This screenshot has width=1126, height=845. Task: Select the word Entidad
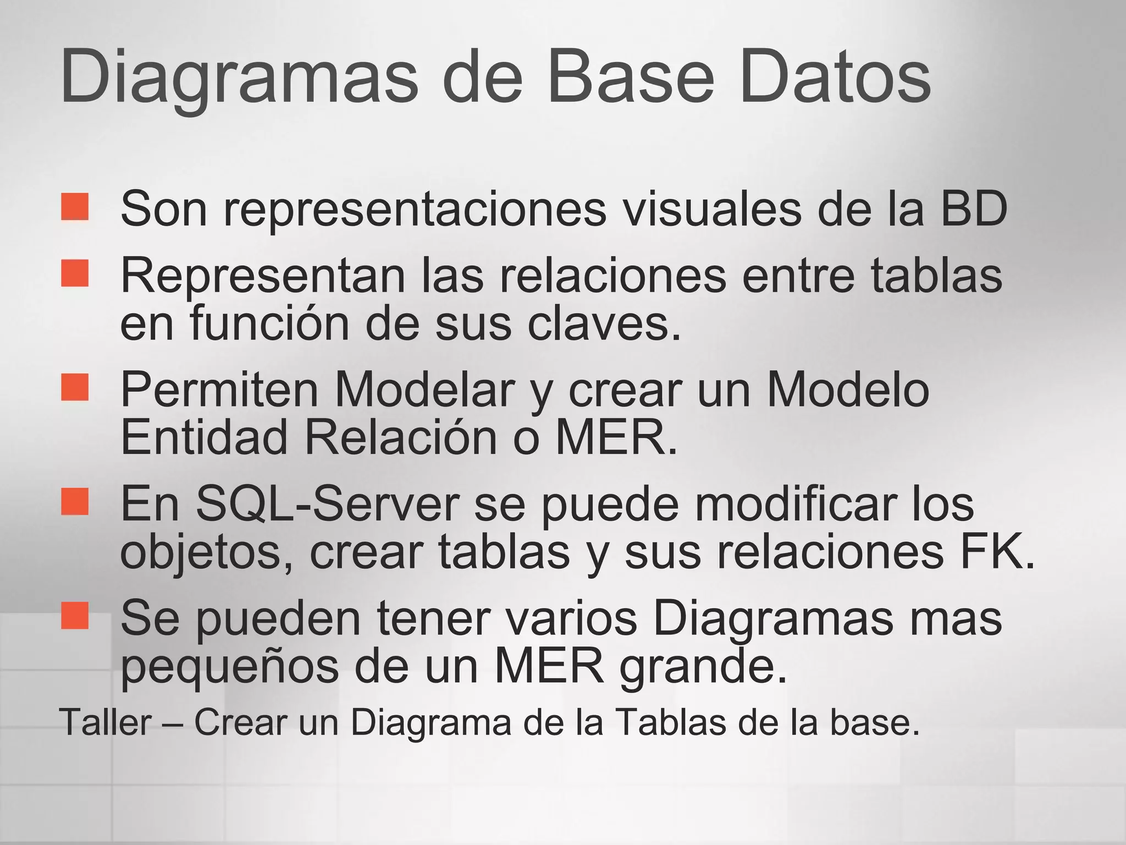[x=204, y=437]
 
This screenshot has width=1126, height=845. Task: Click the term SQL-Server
[x=328, y=504]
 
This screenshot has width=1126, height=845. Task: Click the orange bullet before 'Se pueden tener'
[x=75, y=614]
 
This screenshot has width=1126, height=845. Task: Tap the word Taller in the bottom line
[x=105, y=722]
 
